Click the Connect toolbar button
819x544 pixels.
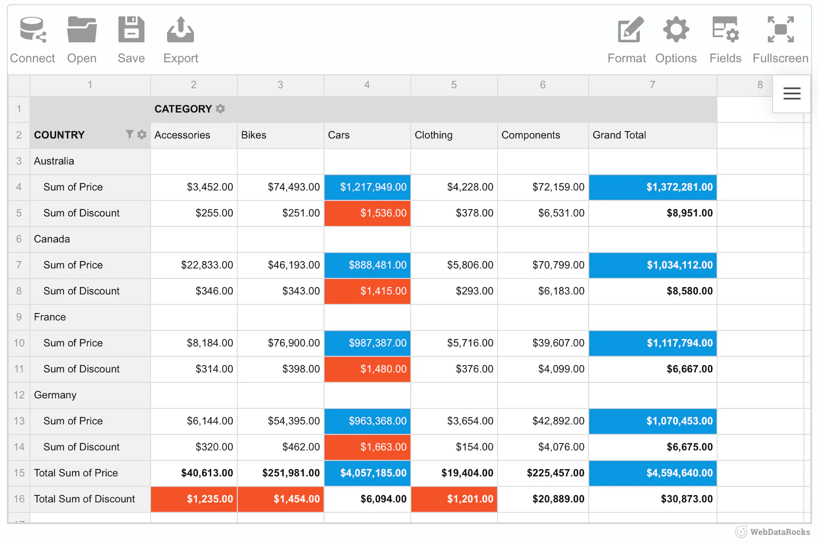point(32,40)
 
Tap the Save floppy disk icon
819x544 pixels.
point(131,29)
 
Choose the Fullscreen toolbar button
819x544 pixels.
point(780,40)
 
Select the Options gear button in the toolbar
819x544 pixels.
point(676,40)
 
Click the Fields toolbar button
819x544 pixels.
point(725,40)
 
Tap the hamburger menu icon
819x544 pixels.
point(792,93)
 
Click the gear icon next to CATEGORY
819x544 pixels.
point(220,109)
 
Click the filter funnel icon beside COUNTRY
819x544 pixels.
point(129,135)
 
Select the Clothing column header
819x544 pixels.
point(433,135)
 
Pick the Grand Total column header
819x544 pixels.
point(619,135)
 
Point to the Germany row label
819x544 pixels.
point(55,395)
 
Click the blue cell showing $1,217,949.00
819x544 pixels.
point(367,187)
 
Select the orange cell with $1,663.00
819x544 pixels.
point(367,447)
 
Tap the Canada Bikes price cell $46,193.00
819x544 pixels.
point(293,265)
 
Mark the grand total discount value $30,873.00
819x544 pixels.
point(687,499)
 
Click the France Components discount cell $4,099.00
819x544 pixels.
point(561,369)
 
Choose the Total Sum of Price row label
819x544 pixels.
point(76,473)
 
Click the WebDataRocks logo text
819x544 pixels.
point(780,532)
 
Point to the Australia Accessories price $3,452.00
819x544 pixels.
point(210,187)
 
